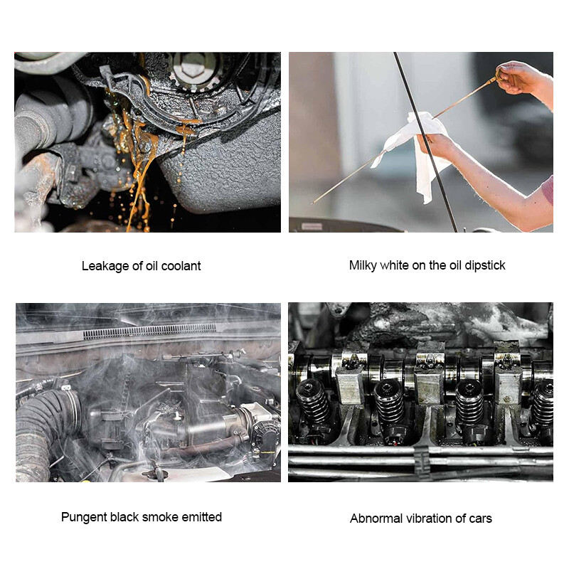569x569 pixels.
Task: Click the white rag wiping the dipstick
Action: pyautogui.click(x=418, y=152)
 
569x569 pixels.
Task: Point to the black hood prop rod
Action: pyautogui.click(x=425, y=142)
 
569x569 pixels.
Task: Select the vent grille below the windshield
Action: pyautogui.click(x=149, y=331)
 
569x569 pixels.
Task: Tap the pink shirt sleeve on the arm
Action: pyautogui.click(x=548, y=189)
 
